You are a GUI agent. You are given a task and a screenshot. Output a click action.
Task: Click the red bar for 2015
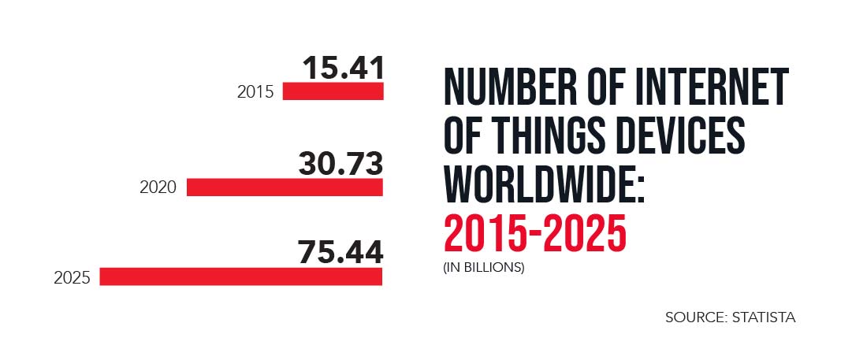333,91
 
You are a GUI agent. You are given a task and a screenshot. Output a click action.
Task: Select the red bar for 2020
285,187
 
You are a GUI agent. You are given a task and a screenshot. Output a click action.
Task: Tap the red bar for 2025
240,276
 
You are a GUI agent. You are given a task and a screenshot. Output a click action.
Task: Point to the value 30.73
340,164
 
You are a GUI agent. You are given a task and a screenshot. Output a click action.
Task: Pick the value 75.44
340,253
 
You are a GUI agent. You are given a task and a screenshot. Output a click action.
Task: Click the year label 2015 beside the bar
255,92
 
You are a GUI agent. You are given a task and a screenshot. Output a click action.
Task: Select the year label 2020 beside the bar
158,188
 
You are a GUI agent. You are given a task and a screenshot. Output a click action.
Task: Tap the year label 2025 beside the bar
72,278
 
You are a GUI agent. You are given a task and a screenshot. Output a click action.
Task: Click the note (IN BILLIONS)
483,267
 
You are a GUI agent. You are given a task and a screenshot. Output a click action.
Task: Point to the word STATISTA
763,317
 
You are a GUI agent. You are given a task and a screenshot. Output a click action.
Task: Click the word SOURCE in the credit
694,317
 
